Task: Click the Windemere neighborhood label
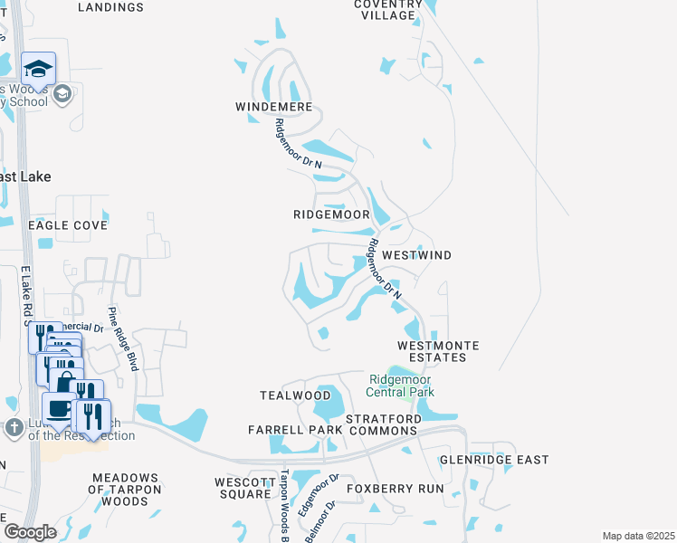273,107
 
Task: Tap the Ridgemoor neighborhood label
331,215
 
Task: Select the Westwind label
416,256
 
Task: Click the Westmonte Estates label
438,351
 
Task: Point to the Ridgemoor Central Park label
400,386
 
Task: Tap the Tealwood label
295,395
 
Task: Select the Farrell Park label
295,429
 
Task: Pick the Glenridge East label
494,460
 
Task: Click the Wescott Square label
243,488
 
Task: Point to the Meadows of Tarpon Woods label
126,489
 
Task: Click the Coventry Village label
388,9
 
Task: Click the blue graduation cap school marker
39,70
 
